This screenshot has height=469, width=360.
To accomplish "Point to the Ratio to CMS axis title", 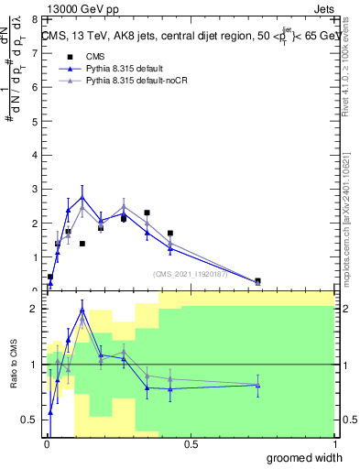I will pyautogui.click(x=14, y=365).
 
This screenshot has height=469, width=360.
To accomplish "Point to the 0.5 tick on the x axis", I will pyautogui.click(x=191, y=444).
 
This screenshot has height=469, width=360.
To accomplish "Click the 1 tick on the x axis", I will pyautogui.click(x=334, y=444).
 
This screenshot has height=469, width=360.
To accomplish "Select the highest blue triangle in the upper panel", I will pyautogui.click(x=82, y=197).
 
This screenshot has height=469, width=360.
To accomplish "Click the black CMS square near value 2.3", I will pyautogui.click(x=147, y=213).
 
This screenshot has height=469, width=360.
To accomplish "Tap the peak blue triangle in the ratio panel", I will pyautogui.click(x=82, y=310).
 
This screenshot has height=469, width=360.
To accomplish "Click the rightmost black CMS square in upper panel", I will pyautogui.click(x=257, y=281).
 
